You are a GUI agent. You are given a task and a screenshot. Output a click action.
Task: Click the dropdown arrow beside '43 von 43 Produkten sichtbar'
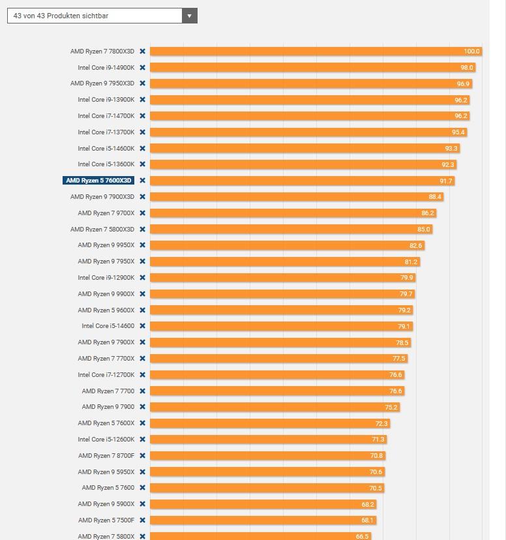click(189, 16)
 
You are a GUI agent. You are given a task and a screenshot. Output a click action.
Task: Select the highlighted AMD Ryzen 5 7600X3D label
click(98, 181)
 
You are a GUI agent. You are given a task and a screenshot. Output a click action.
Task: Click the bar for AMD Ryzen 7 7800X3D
click(306, 51)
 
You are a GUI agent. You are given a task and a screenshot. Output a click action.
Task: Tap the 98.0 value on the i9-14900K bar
click(466, 67)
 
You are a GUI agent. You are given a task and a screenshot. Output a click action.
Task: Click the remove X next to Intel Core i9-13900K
click(142, 100)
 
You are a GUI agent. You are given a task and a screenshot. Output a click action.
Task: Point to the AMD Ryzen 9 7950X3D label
click(102, 83)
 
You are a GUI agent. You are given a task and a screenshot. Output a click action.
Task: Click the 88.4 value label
click(435, 197)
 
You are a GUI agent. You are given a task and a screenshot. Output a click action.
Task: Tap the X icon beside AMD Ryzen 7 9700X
click(142, 213)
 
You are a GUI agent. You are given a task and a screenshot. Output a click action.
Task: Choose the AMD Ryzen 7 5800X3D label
click(102, 229)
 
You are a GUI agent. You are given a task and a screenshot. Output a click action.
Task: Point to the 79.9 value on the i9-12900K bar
click(406, 278)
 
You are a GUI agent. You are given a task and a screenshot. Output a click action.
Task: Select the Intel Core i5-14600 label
click(108, 326)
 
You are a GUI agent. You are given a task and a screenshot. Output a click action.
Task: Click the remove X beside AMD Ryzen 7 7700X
click(142, 359)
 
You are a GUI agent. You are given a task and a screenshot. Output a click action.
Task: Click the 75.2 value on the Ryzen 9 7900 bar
click(391, 407)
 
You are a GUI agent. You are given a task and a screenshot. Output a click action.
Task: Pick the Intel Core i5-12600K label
click(106, 440)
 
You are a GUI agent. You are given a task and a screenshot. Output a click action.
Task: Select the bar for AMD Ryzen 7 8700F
click(261, 456)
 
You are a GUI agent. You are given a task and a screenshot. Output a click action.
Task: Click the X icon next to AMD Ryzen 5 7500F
click(142, 520)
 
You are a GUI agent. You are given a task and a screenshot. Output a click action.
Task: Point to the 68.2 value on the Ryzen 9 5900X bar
click(367, 504)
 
